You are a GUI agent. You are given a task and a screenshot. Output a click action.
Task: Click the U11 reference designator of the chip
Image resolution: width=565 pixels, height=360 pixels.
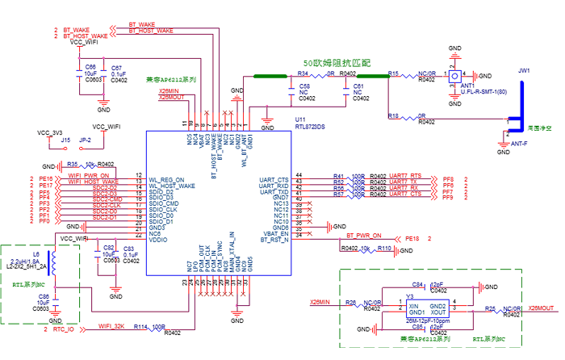tap(299, 119)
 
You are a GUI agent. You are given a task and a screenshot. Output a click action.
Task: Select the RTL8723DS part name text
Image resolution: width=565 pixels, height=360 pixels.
tap(309, 127)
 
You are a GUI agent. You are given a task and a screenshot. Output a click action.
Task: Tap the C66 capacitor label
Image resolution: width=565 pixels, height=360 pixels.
tap(90, 67)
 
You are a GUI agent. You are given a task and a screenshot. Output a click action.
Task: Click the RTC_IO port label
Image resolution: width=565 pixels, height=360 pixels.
tap(64, 330)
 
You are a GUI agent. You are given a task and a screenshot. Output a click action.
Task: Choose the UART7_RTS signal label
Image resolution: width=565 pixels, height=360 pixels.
tap(404, 175)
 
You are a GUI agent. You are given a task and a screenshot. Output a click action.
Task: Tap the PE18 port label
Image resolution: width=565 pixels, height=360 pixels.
tap(412, 239)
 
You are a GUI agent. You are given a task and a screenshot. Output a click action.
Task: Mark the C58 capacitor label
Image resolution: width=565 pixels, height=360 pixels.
tap(304, 85)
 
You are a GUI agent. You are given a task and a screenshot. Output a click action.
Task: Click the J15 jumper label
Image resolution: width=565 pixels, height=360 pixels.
tap(65, 140)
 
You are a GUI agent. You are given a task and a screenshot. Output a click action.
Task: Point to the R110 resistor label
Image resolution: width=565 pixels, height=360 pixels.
tap(385, 249)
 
